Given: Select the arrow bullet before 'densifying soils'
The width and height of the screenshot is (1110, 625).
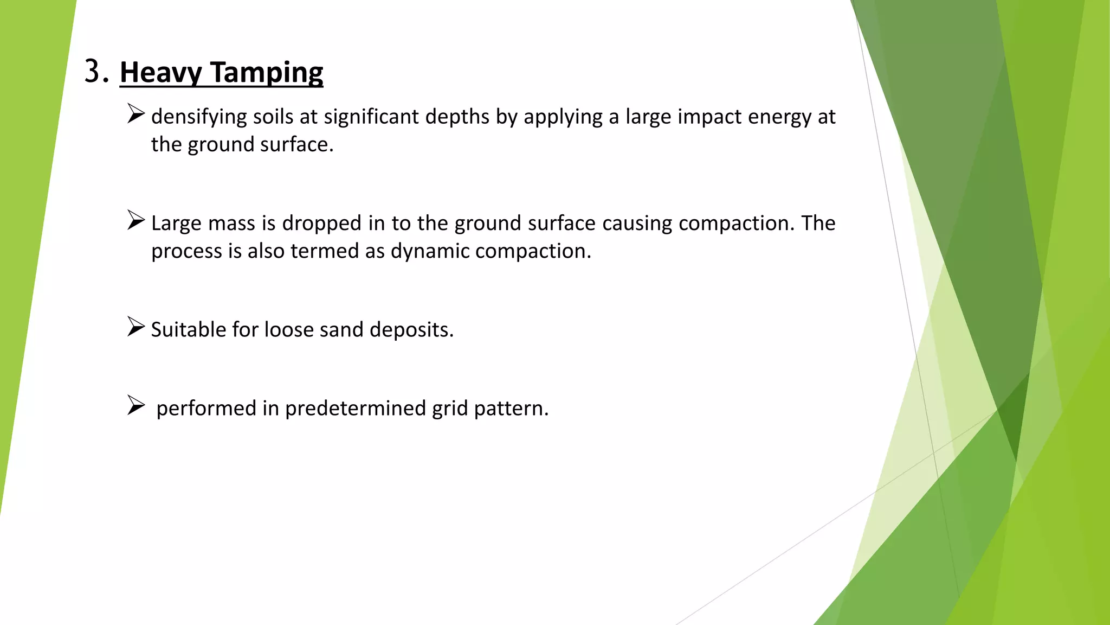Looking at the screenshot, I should point(136,114).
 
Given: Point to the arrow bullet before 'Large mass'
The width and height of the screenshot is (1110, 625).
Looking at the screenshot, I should point(136,220).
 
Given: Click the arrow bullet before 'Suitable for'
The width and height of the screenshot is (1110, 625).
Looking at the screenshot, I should point(136,327).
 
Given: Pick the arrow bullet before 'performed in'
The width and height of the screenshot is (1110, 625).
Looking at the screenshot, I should point(136,405).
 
